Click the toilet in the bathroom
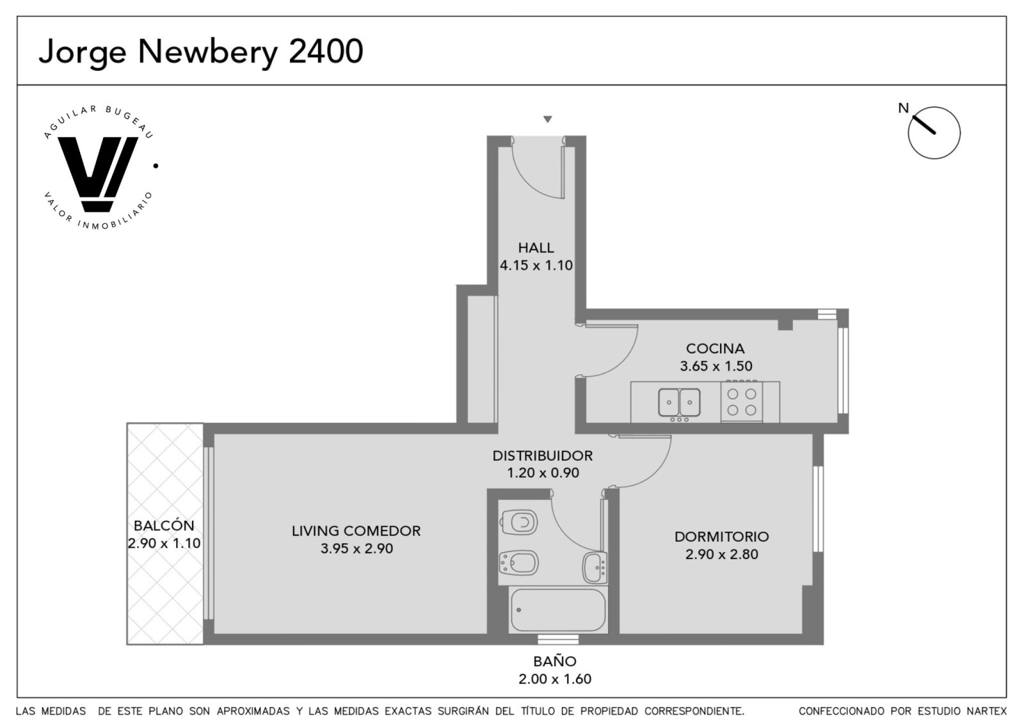coord(519,522)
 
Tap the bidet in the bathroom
coord(518,563)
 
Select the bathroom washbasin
coord(595,568)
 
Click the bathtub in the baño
coord(557,610)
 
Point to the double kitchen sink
coord(679,402)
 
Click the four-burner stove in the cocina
coord(742,402)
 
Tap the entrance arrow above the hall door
coord(548,119)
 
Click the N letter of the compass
coord(903,108)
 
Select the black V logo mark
coord(97,174)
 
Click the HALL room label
coord(536,248)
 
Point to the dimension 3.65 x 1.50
coord(716,366)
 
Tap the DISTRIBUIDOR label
coord(543,456)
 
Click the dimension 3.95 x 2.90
coord(356,548)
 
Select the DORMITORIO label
coord(722,536)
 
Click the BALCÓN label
coord(164,525)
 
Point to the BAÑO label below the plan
coord(555,661)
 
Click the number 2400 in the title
coord(326,51)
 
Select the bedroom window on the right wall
coord(818,509)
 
